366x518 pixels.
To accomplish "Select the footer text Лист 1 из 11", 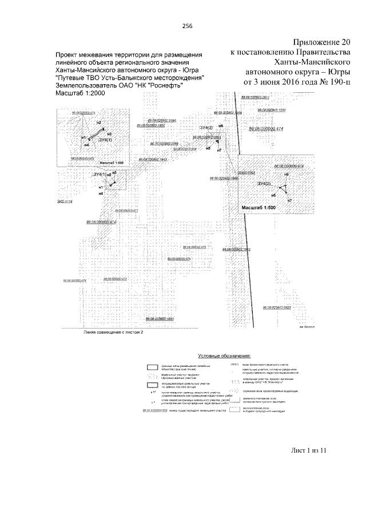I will pos(308,450).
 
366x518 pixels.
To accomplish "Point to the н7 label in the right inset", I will pos(289,201).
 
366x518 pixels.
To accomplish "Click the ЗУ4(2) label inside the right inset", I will pos(264,183).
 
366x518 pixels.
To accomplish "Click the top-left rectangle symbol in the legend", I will pos(152,366).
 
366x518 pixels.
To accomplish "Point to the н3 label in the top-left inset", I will pos(109,133).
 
